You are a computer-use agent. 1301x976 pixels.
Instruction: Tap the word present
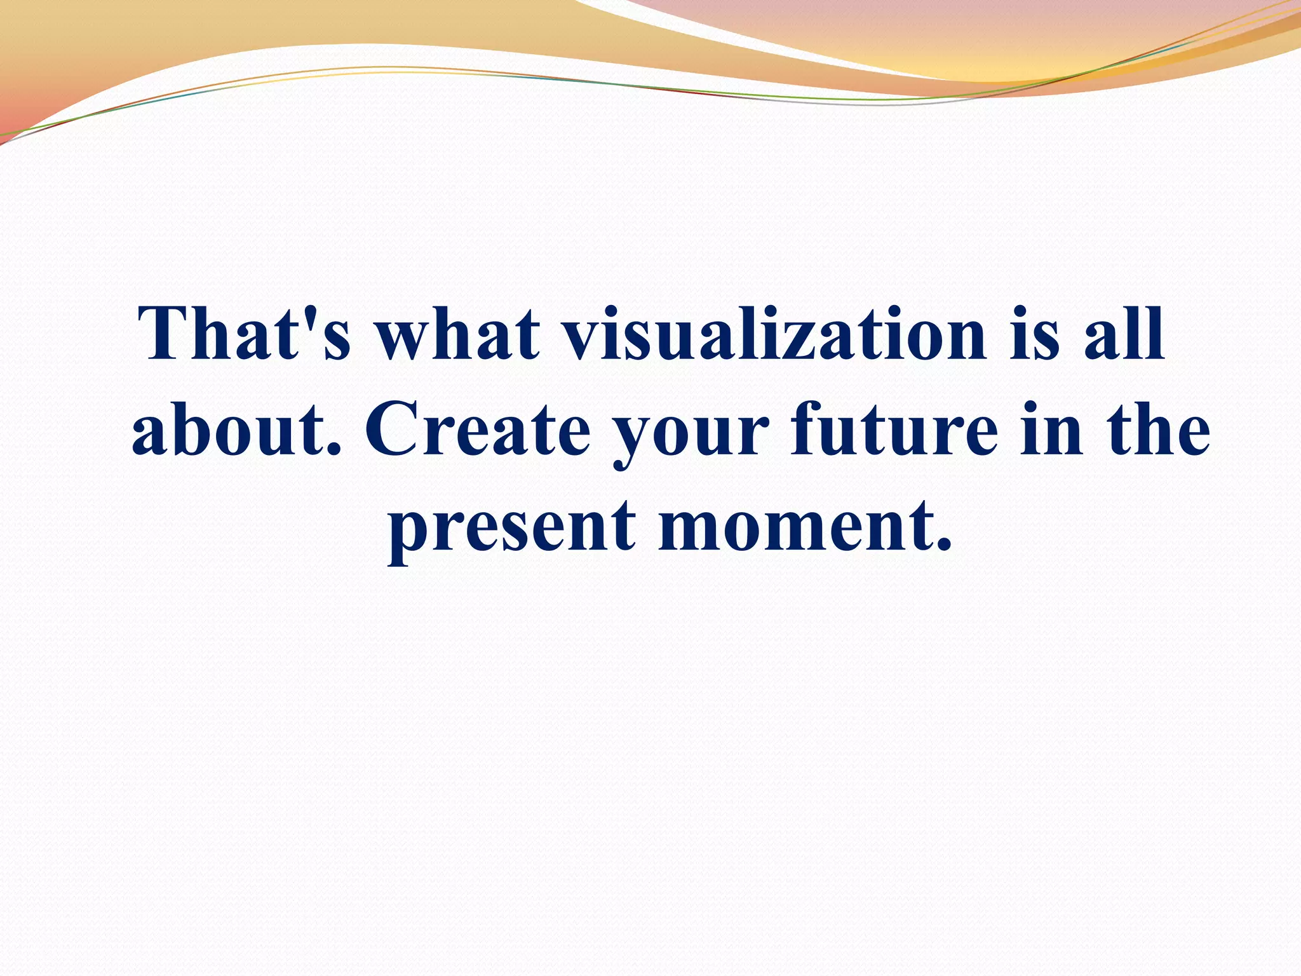coord(512,531)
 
